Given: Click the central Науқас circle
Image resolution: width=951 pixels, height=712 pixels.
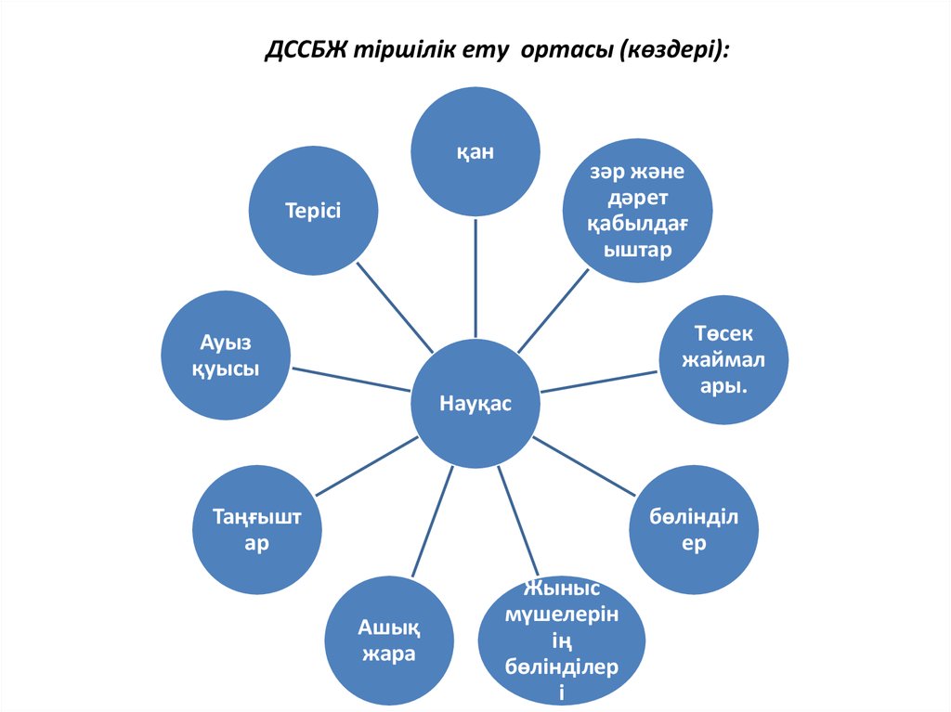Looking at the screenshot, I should [x=475, y=403].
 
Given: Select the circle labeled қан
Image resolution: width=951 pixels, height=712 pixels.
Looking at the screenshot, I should [x=475, y=152].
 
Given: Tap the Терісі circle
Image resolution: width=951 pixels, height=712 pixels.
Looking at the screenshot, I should [x=313, y=211].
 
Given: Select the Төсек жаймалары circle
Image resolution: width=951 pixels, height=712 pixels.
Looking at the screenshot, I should [x=723, y=360].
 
